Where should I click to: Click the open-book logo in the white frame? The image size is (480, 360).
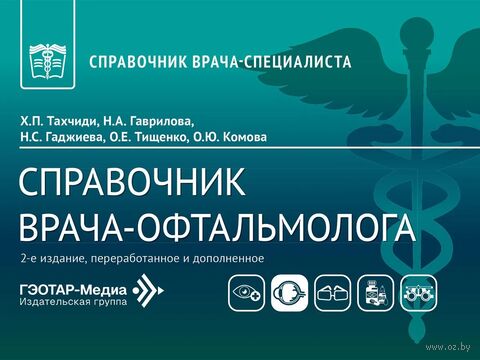tap(48, 62)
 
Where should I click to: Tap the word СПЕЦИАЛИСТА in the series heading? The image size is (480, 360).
tap(297, 62)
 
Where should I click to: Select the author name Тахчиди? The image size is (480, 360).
tap(72, 121)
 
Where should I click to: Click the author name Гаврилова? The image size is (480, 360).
tap(162, 121)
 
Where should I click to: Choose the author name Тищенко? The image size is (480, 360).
tap(160, 137)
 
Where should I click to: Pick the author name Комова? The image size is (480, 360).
tap(244, 137)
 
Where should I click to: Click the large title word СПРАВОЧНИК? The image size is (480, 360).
tap(132, 182)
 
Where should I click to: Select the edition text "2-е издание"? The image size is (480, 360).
tap(53, 259)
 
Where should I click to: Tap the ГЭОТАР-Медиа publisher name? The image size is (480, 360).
tap(73, 290)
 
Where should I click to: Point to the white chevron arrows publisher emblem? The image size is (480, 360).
tap(149, 291)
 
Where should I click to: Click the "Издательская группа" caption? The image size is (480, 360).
tap(73, 302)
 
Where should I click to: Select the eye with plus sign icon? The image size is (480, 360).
tap(247, 293)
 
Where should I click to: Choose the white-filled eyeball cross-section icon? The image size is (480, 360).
tap(289, 293)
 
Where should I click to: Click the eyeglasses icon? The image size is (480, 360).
tap(333, 293)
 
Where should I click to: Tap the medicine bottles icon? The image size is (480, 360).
tap(376, 293)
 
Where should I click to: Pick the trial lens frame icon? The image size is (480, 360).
tap(419, 293)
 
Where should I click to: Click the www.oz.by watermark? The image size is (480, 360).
tap(448, 347)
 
